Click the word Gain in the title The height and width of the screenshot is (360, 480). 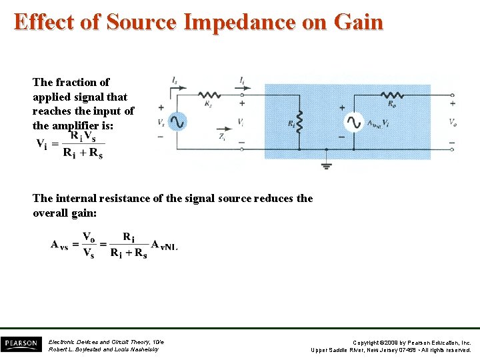(360, 22)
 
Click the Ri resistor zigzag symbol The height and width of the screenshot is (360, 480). (299, 122)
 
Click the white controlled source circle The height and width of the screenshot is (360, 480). (353, 122)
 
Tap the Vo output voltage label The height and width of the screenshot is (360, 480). (453, 123)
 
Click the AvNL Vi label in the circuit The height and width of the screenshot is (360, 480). (378, 123)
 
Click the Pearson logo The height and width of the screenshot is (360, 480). (20, 343)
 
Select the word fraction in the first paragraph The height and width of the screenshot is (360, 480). (77, 82)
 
